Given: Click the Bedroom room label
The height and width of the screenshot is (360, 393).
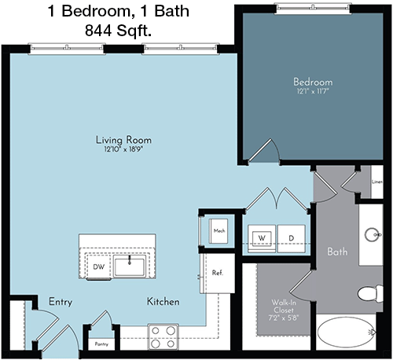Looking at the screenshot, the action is [x=313, y=82].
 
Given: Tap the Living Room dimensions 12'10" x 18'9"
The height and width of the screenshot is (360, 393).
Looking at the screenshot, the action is [x=124, y=149].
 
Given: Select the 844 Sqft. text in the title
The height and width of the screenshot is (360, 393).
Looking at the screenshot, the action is [x=118, y=31].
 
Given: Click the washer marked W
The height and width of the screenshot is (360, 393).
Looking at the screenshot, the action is [x=262, y=238].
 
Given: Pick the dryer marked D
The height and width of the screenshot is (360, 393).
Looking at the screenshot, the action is [x=292, y=238].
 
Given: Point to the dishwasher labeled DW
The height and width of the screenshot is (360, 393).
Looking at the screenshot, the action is [x=98, y=266].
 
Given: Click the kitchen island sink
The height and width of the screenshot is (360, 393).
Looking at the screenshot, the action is [x=130, y=266].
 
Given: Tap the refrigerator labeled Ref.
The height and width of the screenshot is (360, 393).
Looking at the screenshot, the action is [x=218, y=273].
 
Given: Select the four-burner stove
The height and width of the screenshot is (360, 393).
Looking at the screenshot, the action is [x=163, y=337].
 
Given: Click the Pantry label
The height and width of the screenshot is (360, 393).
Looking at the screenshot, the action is [x=101, y=344].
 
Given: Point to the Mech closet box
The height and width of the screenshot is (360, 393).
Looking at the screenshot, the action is [x=219, y=231].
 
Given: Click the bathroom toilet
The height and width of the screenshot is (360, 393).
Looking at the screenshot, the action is [x=370, y=294].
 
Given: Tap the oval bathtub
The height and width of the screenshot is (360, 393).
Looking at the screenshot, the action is [x=347, y=332].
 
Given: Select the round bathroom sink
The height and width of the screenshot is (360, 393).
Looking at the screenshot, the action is [x=373, y=234].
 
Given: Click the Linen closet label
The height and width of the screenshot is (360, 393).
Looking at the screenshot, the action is [x=377, y=182].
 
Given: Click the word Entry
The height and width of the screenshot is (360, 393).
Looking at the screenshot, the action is [x=61, y=302].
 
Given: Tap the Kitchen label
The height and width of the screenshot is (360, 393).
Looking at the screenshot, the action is [x=163, y=302].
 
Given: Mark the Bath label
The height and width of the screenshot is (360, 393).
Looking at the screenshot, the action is [x=337, y=252].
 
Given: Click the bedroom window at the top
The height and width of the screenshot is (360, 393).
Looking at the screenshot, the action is [x=313, y=9].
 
